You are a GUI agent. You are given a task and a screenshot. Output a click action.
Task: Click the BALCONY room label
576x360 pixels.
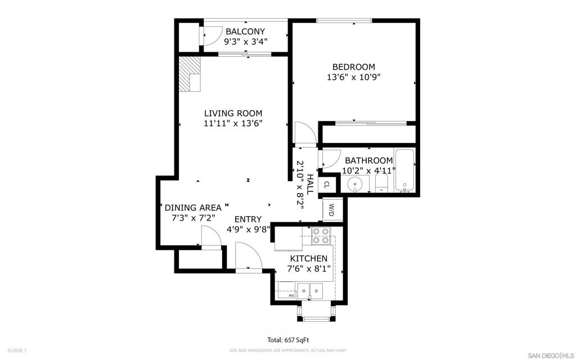point(245,31)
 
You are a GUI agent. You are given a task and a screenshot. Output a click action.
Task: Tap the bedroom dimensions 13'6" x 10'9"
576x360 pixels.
point(353,77)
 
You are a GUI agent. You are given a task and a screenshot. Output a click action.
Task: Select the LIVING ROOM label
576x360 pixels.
point(233,113)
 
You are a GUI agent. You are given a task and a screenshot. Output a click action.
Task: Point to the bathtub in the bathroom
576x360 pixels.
point(405,170)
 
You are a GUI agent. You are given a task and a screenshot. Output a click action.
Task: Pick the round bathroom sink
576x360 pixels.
point(355,183)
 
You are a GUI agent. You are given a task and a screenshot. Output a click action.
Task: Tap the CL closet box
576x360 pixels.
point(327,184)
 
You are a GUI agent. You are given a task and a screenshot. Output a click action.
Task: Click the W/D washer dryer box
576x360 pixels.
point(331,210)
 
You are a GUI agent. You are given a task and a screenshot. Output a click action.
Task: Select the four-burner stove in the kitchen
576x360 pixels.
point(321,236)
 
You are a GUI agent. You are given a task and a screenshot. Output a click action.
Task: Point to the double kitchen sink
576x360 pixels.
point(310,291)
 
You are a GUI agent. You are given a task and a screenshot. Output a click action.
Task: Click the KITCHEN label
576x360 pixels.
point(309,258)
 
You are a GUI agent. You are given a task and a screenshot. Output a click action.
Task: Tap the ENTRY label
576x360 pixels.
point(248,219)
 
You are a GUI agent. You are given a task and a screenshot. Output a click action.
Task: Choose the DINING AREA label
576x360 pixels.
point(193,208)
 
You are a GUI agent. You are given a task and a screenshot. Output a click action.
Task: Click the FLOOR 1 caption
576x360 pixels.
point(17,351)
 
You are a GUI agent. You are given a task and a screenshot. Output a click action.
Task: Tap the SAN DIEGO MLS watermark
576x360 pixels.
point(550,355)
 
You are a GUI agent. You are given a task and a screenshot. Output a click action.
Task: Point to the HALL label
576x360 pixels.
point(310,184)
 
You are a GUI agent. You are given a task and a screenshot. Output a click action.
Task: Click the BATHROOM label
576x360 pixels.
point(368,160)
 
